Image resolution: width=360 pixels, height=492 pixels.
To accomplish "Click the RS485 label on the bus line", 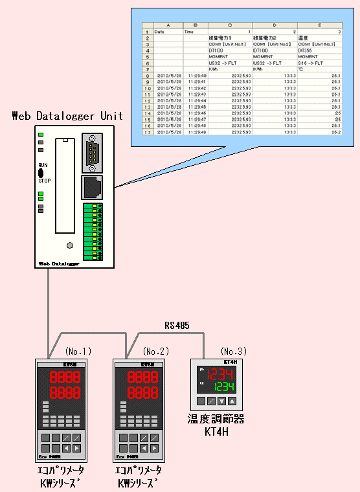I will tap(177, 326).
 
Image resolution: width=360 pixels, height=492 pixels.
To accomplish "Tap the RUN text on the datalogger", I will tap(43, 166).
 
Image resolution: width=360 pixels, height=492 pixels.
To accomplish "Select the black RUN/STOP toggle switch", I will tap(41, 173).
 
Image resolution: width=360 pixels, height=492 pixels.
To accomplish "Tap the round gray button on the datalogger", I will tap(70, 245).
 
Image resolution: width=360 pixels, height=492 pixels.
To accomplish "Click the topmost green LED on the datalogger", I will tap(41, 135).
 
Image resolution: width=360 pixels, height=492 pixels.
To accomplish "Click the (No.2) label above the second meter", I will tap(156, 351).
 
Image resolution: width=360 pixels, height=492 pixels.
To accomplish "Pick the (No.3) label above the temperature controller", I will tap(234, 351).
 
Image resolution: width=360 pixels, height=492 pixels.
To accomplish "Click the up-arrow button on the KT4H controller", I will tap(232, 401).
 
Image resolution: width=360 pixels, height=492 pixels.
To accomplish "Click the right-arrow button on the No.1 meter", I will tap(77, 448).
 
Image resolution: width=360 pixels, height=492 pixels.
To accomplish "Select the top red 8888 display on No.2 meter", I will tap(141, 378).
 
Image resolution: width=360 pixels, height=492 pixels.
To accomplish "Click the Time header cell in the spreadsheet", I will tap(189, 31).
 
